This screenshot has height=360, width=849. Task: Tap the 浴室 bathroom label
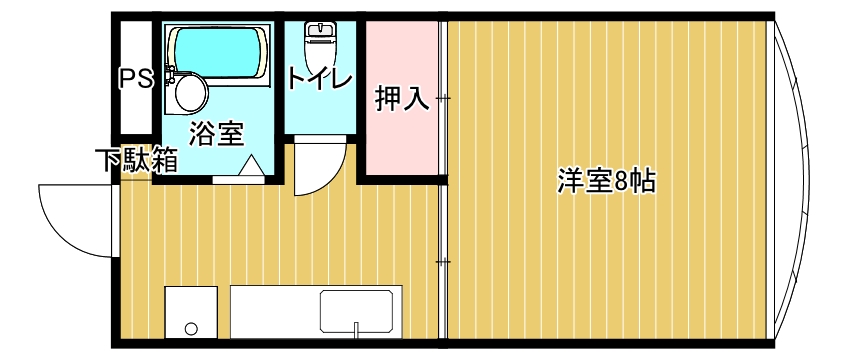point(216,133)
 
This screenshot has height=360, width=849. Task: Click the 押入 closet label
point(402,99)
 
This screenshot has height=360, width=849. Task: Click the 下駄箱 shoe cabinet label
point(137,160)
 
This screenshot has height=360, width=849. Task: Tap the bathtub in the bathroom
point(219,54)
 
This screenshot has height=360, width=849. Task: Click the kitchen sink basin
point(359,310)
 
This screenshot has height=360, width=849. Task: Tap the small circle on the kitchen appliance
point(190,327)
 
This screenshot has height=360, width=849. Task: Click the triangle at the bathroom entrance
point(250,166)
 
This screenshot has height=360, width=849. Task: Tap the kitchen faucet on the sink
point(357,328)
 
